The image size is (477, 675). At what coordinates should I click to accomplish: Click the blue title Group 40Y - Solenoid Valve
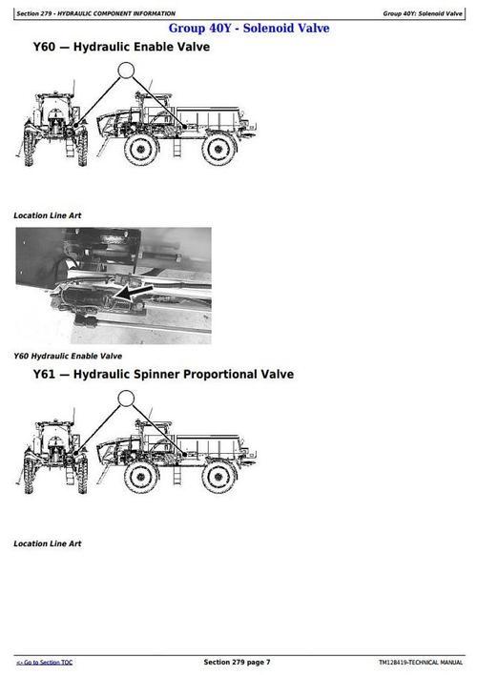[x=249, y=29]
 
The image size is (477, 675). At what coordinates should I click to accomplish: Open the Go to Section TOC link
[x=44, y=662]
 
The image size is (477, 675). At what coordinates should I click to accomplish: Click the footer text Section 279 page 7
[x=237, y=662]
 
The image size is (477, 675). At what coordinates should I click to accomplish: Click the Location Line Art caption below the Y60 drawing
[x=47, y=215]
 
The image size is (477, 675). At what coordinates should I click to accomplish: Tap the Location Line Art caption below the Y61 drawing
[x=47, y=543]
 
